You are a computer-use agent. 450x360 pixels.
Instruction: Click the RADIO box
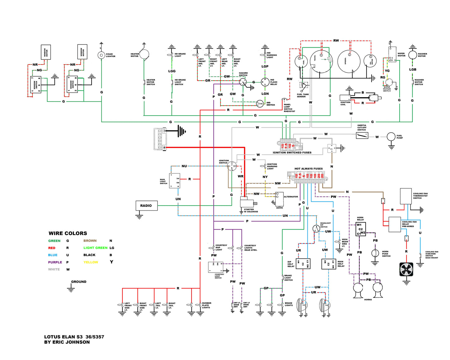pos(146,206)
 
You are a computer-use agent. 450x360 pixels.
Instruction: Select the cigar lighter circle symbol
pos(101,55)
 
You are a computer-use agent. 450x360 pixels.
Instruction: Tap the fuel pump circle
pos(391,136)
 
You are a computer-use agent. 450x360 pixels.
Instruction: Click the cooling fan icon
pos(406,269)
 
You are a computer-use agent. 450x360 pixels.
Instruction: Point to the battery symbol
pos(160,139)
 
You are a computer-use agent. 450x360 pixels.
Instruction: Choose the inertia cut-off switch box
pos(362,135)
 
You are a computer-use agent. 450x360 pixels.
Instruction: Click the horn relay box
pos(361,229)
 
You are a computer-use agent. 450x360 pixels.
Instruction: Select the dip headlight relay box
pos(303,263)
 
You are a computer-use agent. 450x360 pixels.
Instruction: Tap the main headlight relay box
pos(329,264)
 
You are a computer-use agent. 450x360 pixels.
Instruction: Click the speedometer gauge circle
pos(349,61)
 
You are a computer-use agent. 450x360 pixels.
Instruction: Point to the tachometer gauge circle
pos(321,61)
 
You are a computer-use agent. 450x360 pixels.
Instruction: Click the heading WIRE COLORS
pos(68,233)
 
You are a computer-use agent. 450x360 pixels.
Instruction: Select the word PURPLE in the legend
pos(55,262)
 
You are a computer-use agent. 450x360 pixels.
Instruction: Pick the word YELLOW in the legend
pos(91,262)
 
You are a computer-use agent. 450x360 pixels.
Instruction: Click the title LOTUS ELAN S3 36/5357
pos(74,337)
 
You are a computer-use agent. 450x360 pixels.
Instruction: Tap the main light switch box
pos(174,181)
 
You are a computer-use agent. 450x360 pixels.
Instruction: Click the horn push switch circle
pos(375,253)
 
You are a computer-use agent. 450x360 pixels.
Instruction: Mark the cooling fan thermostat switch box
pos(406,196)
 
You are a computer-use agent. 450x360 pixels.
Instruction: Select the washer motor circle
pos(412,55)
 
